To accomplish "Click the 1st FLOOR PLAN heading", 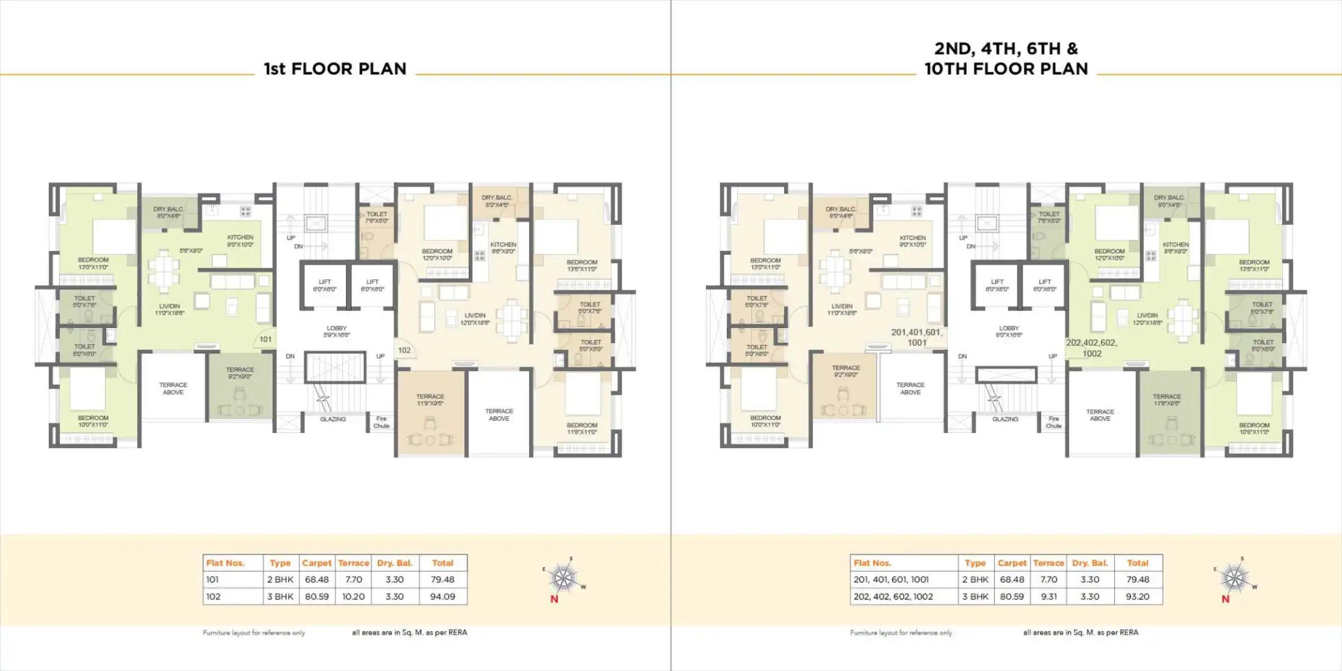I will pos(335,69).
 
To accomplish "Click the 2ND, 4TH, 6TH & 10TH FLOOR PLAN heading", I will pos(1006,59).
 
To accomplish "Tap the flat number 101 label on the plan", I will pos(265,339).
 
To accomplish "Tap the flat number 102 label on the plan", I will pos(404,350).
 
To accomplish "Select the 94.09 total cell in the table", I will pos(442,596).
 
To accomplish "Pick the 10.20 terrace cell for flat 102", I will pos(353,596).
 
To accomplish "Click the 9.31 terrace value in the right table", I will pos(1048,596).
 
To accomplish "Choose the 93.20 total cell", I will pos(1137,596).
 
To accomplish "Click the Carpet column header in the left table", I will pos(316,563).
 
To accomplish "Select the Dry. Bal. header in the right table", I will pos(1090,563).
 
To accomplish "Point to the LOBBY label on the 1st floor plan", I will pos(337,332).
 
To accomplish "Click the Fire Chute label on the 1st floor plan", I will pos(381,422).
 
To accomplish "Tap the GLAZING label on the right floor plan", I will pos(1005,419).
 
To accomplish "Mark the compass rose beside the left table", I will pos(563,577).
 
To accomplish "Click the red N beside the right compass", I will pos(1225,599).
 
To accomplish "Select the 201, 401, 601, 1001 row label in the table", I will pos(891,579).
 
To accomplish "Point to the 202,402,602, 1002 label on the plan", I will pos(1091,348).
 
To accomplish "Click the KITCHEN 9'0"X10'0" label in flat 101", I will pos(240,241).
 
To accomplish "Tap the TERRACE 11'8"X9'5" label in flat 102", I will pos(430,400).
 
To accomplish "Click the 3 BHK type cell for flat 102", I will pos(280,596).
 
